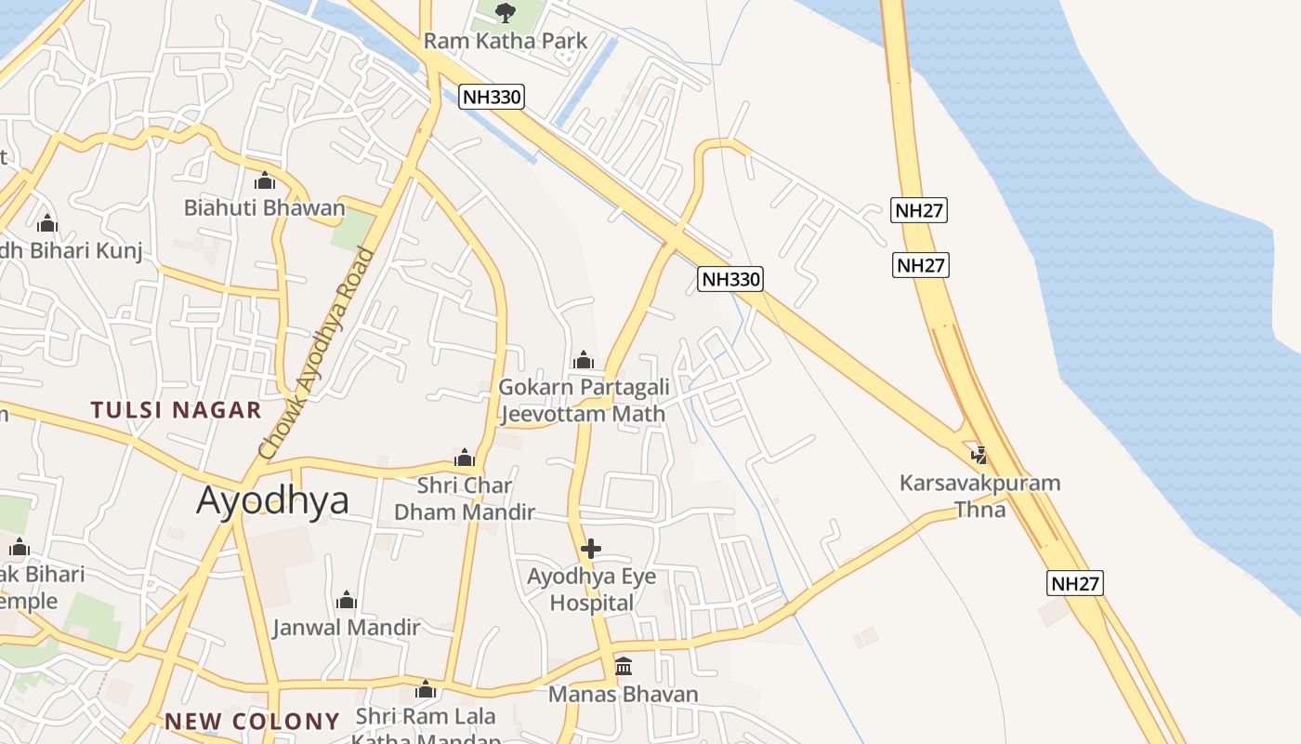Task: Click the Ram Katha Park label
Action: (506, 41)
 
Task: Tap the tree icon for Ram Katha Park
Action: (506, 12)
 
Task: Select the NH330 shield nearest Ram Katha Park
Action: (492, 97)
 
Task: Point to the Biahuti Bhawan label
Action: (264, 207)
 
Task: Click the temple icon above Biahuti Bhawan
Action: (264, 179)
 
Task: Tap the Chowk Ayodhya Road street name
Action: (319, 353)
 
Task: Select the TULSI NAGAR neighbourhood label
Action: (176, 410)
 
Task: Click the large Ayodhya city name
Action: (272, 500)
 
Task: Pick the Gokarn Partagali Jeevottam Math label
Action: (583, 401)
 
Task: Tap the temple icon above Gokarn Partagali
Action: (584, 360)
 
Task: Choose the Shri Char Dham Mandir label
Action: (465, 498)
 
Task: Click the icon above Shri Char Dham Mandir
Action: (465, 458)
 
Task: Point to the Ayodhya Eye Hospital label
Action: (591, 590)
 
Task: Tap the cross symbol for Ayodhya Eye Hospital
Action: (591, 549)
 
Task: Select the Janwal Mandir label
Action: (346, 628)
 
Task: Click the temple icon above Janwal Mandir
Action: (347, 600)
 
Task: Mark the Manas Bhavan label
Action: (623, 694)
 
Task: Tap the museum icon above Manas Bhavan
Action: (624, 667)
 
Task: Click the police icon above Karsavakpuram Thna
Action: (979, 455)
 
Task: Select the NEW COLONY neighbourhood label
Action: (252, 722)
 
